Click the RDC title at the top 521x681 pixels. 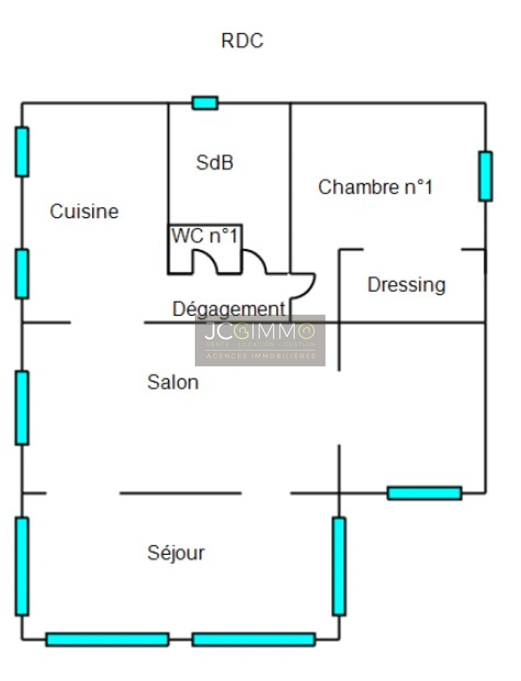point(242,41)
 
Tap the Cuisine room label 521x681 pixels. point(85,211)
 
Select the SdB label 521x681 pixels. point(214,163)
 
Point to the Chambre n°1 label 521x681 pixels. point(375,187)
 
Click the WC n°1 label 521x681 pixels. point(204,236)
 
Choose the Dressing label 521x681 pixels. point(406,286)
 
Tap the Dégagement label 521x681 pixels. point(229,309)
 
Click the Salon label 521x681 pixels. point(173,382)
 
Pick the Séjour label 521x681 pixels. point(176,553)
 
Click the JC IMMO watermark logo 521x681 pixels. point(260,340)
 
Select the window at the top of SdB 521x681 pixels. point(205,103)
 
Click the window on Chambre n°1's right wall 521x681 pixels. point(486,176)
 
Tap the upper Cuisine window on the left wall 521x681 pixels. point(21,151)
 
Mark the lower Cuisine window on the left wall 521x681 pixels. point(21,274)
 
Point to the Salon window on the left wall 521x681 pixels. point(21,408)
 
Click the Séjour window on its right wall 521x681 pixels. point(339,566)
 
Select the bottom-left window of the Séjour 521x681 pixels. point(107,639)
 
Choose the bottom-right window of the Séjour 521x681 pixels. point(254,639)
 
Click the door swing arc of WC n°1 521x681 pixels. point(205,262)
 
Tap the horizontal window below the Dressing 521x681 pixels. point(424,493)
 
